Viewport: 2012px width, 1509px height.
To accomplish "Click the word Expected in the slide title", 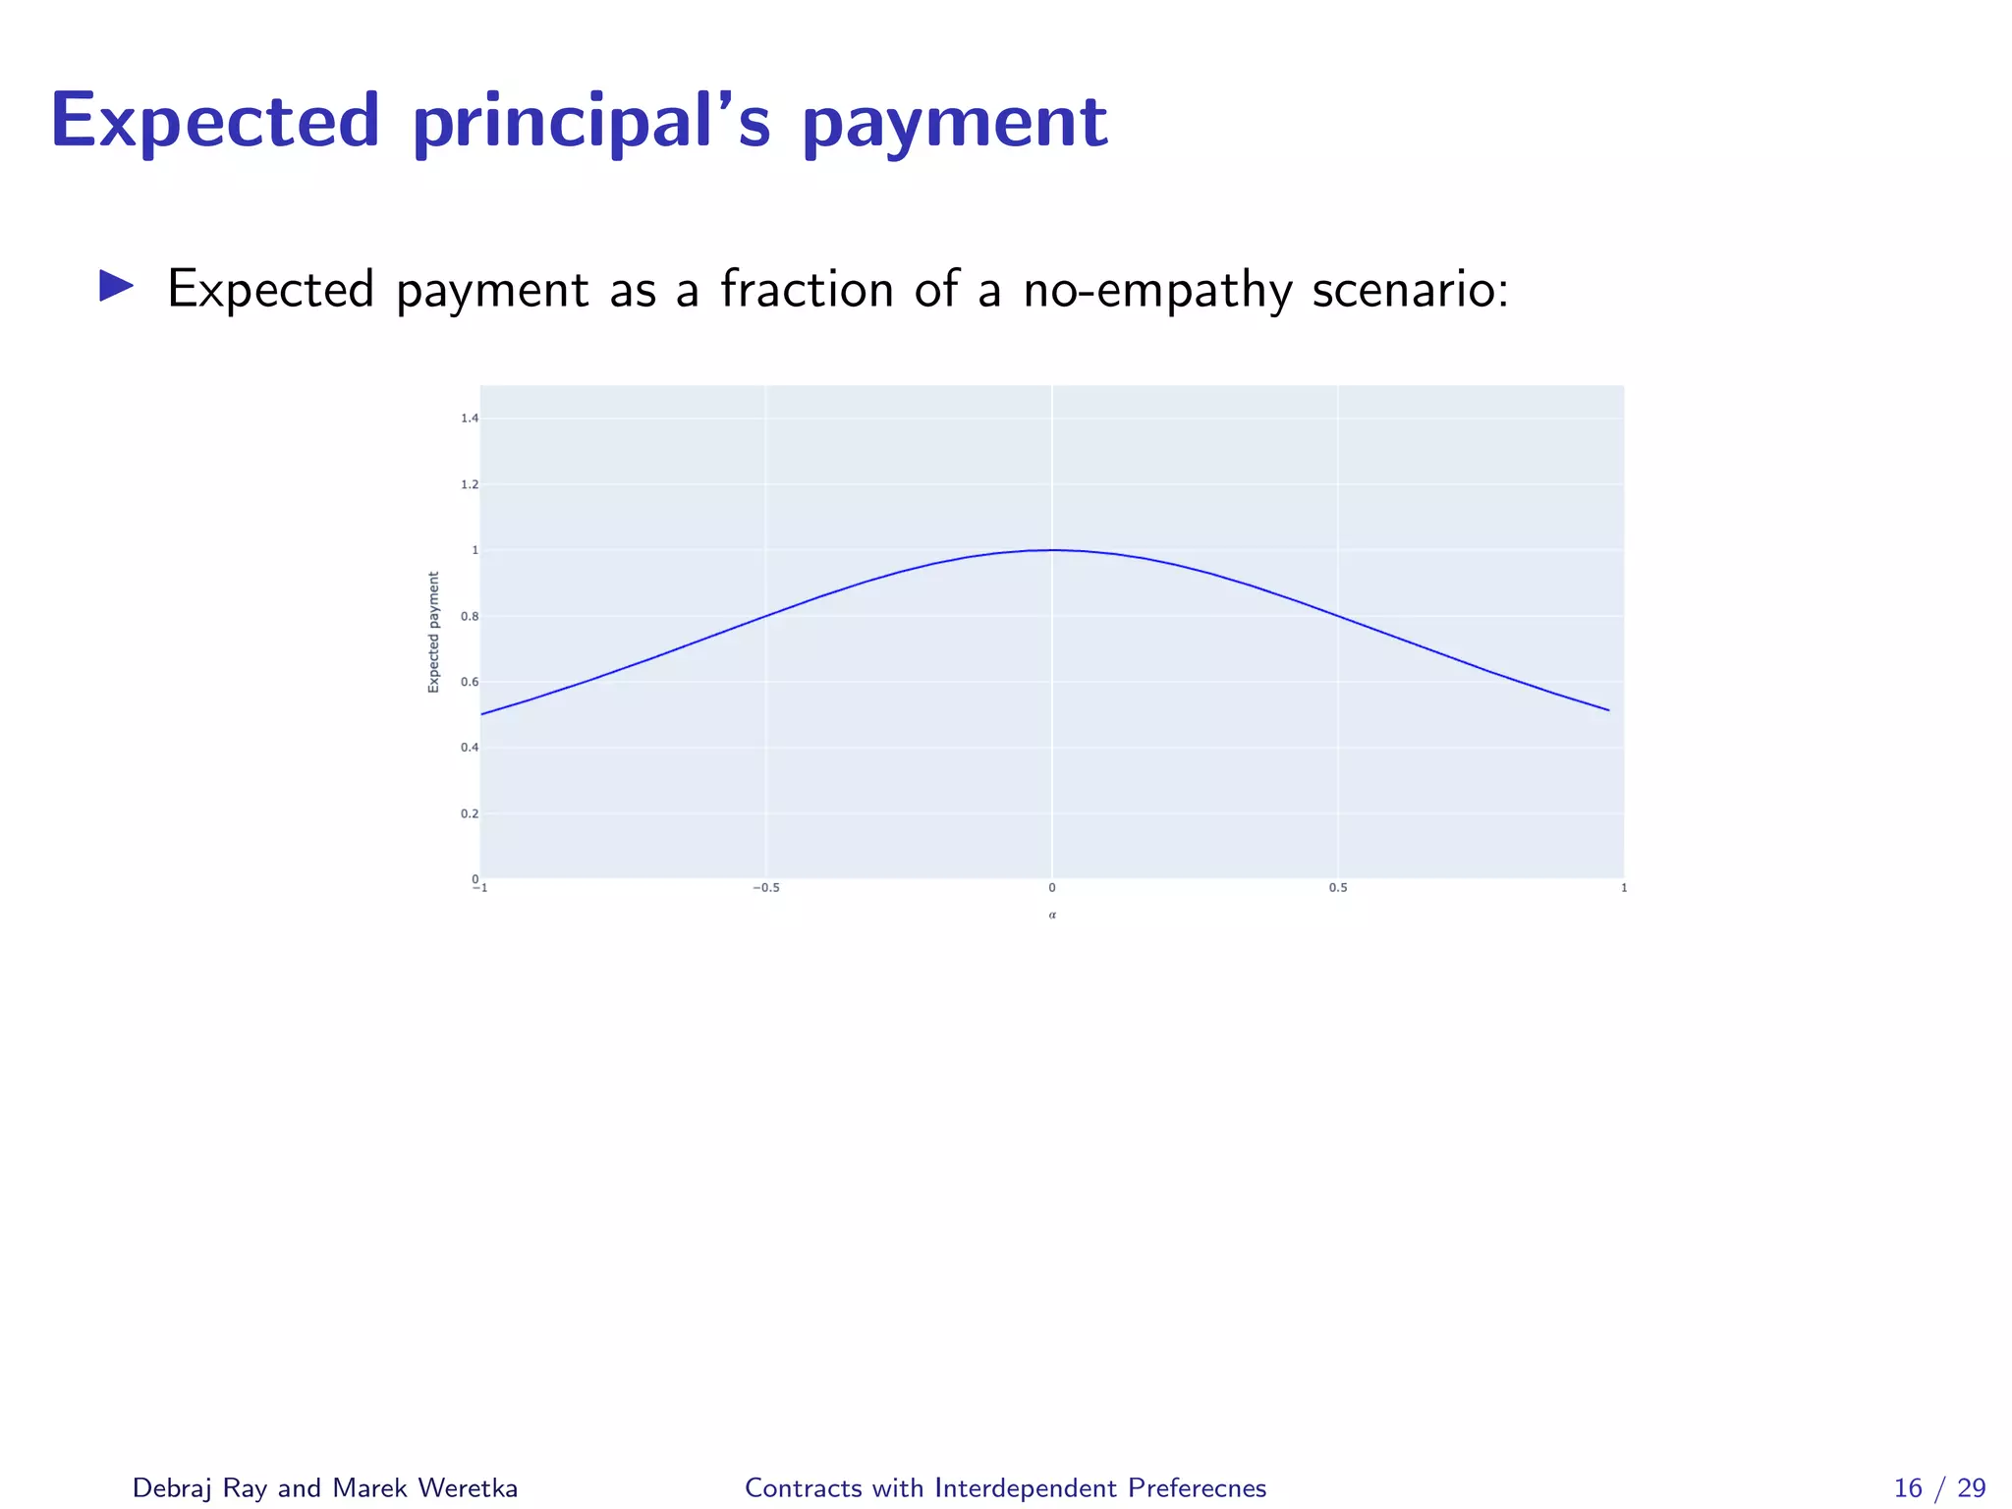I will (215, 121).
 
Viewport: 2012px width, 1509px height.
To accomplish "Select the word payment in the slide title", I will (955, 123).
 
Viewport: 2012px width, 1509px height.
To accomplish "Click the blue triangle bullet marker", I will (116, 287).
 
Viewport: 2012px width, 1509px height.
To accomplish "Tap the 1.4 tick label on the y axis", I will (470, 419).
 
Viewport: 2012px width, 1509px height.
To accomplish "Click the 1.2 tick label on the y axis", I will (470, 484).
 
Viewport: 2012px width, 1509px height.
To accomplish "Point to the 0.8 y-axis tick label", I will (470, 617).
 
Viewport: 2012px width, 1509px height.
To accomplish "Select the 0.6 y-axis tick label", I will (470, 682).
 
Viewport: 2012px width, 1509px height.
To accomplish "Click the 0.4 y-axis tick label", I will (470, 748).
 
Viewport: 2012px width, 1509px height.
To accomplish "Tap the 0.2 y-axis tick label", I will (470, 813).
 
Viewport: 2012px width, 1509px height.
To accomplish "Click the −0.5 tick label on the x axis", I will (765, 888).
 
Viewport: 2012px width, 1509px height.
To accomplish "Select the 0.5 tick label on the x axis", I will (1338, 888).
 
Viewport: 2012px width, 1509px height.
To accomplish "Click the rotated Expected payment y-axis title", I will (433, 632).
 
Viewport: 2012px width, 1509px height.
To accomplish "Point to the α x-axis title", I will (1052, 916).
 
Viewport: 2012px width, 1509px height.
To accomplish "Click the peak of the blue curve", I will (1052, 550).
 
